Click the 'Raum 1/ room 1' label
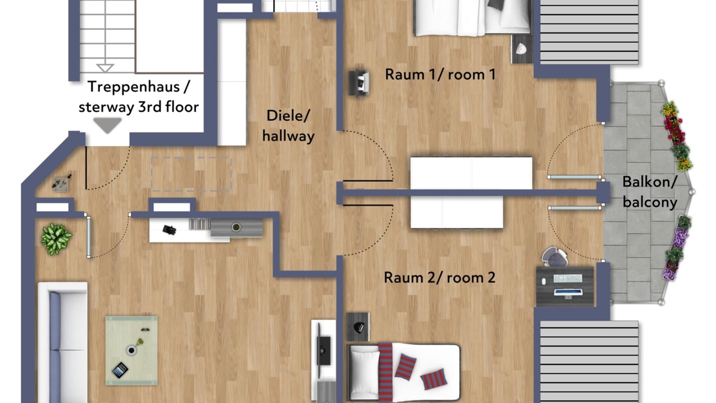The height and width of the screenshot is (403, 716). (x=440, y=74)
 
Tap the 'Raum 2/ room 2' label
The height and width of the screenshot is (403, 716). (x=440, y=277)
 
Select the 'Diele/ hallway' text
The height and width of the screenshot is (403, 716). (x=288, y=126)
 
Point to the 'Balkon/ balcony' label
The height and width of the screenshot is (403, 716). (x=650, y=192)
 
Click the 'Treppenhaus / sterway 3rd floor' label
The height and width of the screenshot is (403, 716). (x=139, y=97)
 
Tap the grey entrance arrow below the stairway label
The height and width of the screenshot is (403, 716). (x=107, y=125)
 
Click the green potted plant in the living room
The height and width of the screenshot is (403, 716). (x=56, y=239)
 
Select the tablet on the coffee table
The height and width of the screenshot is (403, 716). (x=120, y=370)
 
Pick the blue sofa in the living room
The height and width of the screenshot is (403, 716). (x=63, y=342)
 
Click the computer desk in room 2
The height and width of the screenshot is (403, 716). (x=565, y=285)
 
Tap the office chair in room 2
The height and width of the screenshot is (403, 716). (x=554, y=256)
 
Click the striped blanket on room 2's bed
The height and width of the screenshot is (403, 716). (x=385, y=372)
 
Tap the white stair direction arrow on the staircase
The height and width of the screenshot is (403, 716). (x=105, y=68)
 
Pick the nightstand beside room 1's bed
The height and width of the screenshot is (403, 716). (x=522, y=49)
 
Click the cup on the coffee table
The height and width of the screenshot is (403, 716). (x=131, y=350)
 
